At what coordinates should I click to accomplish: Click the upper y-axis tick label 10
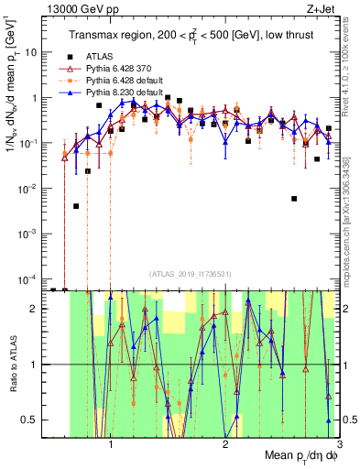click(31, 52)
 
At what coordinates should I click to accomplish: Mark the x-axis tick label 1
click(111, 443)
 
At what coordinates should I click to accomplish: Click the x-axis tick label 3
click(339, 443)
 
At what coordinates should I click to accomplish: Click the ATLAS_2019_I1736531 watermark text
click(191, 274)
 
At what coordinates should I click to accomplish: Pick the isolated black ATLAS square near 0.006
click(294, 198)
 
